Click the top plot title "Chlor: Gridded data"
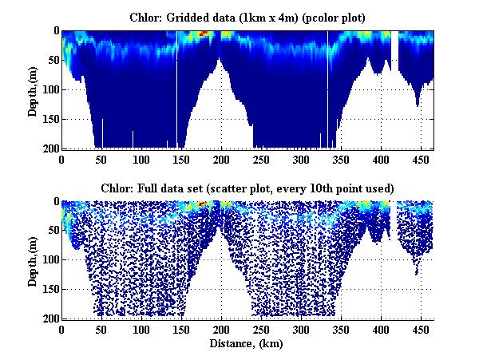pyautogui.click(x=196, y=17)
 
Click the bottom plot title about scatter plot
pyautogui.click(x=247, y=188)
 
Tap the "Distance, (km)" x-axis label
pyautogui.click(x=247, y=343)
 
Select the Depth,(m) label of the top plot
pyautogui.click(x=33, y=89)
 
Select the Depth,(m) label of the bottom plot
pyautogui.click(x=33, y=260)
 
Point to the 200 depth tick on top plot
pyautogui.click(x=49, y=148)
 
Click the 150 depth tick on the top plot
pyautogui.click(x=49, y=119)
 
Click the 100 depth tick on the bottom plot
pyautogui.click(x=49, y=260)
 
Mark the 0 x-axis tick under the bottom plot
pyautogui.click(x=62, y=330)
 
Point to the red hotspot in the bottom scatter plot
pyautogui.click(x=203, y=204)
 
